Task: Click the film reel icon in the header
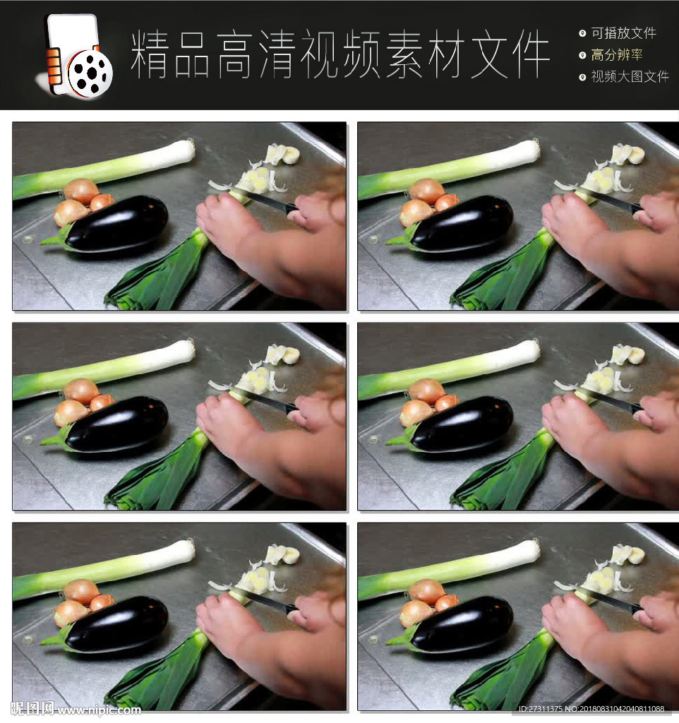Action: tap(90, 73)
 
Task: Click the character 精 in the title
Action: tap(149, 54)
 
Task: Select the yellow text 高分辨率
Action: tap(617, 55)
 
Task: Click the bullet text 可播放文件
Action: tap(624, 33)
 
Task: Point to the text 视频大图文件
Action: tap(630, 76)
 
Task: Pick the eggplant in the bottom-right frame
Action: tap(462, 624)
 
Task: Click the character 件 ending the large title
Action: tap(531, 54)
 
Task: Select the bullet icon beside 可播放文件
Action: tap(582, 33)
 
